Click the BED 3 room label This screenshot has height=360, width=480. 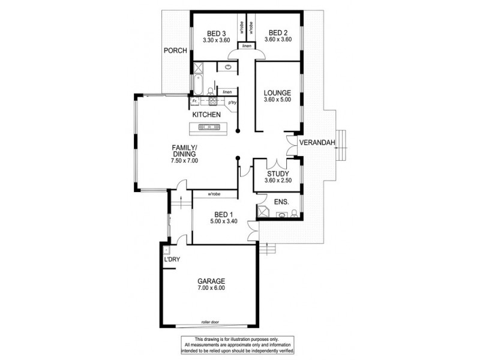click(x=216, y=33)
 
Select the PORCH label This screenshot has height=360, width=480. click(x=175, y=50)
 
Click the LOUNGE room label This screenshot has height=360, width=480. click(x=278, y=93)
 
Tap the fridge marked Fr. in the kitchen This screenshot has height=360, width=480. click(x=195, y=102)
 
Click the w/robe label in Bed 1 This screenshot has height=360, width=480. click(x=214, y=194)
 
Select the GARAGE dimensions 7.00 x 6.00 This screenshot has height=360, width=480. click(x=209, y=289)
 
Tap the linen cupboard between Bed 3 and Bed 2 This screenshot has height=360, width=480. click(x=247, y=46)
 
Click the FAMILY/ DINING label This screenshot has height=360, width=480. click(x=184, y=154)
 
